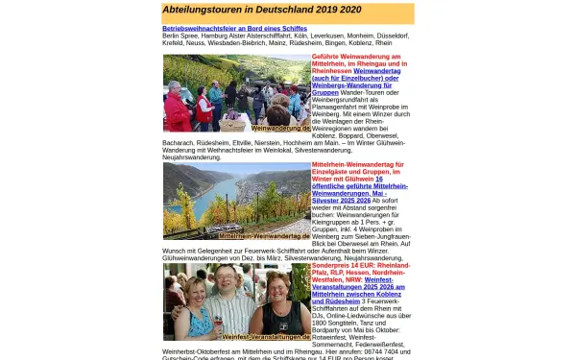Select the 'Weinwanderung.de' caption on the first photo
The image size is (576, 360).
[279, 127]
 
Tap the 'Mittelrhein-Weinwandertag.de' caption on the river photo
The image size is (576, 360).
[264, 235]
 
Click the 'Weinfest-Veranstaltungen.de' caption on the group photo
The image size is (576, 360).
[266, 337]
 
